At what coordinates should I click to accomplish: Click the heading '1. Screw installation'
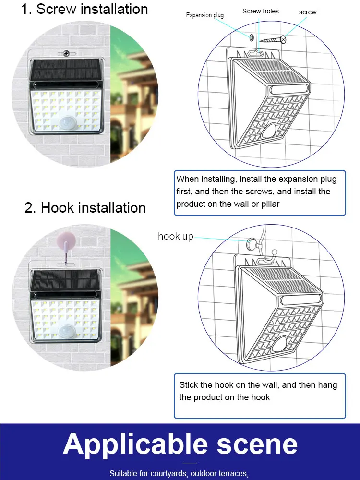click(x=84, y=10)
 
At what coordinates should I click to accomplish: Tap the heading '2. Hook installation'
click(x=85, y=208)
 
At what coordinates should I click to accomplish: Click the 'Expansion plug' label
click(x=205, y=15)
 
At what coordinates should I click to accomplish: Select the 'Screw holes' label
click(x=261, y=11)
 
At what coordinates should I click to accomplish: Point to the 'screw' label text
click(x=308, y=12)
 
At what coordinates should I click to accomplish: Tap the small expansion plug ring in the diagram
click(x=252, y=37)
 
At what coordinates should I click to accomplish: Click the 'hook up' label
click(x=176, y=236)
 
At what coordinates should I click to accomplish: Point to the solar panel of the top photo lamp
click(x=65, y=71)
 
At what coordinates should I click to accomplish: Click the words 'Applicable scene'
click(x=180, y=444)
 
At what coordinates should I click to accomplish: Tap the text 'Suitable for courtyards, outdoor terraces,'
click(x=179, y=474)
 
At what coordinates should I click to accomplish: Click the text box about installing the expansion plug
click(x=260, y=192)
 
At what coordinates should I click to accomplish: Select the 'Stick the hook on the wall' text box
click(x=260, y=396)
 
